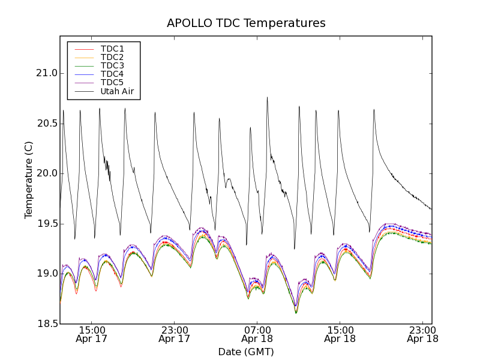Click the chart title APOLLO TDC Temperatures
[246, 23]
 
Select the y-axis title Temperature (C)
[29, 180]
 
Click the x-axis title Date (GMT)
[246, 352]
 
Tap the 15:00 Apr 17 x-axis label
[91, 334]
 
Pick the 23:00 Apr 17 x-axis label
[174, 334]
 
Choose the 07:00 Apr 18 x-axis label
[257, 334]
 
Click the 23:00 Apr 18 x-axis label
[422, 334]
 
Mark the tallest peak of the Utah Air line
[267, 97]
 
